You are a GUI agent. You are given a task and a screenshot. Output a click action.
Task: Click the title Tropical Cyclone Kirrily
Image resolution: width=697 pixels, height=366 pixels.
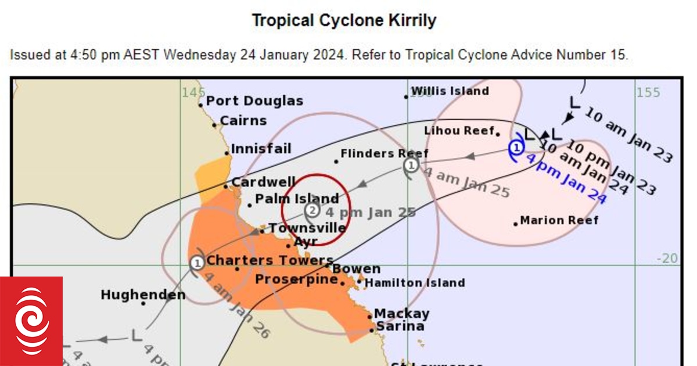(343, 21)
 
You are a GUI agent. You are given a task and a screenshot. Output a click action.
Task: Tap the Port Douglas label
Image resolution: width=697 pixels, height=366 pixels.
(254, 101)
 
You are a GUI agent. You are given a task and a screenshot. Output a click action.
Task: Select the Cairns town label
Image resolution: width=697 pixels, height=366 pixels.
(243, 121)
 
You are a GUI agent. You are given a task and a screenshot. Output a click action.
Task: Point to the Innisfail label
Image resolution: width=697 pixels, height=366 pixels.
(261, 149)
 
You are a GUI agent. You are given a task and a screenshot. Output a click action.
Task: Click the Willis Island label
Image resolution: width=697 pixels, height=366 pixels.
(450, 91)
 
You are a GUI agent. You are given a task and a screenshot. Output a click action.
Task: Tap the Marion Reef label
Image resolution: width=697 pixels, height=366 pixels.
(559, 220)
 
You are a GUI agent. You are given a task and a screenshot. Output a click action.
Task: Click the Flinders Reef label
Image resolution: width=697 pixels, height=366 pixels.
(384, 153)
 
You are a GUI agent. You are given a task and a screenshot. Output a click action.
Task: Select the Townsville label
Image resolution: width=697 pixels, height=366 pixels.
(307, 228)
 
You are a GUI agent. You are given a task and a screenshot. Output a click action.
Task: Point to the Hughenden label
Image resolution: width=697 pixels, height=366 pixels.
(143, 295)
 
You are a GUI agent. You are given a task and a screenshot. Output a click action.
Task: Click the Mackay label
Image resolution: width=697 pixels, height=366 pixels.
(401, 314)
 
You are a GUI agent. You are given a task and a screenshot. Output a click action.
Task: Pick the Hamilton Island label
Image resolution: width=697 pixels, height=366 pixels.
(415, 283)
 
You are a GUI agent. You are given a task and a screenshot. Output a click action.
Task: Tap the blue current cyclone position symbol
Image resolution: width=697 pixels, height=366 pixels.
(516, 147)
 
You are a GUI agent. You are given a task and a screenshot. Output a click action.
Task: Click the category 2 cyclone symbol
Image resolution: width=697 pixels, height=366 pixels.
(312, 210)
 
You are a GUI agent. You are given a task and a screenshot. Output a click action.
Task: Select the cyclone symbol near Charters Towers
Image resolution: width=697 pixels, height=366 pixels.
(197, 263)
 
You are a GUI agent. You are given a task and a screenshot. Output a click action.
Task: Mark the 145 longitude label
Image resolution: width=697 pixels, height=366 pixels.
(193, 92)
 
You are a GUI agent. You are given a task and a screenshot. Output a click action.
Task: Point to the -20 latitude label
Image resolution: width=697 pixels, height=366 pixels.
(667, 259)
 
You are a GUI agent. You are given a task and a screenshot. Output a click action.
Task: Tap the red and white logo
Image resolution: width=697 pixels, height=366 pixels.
(31, 321)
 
